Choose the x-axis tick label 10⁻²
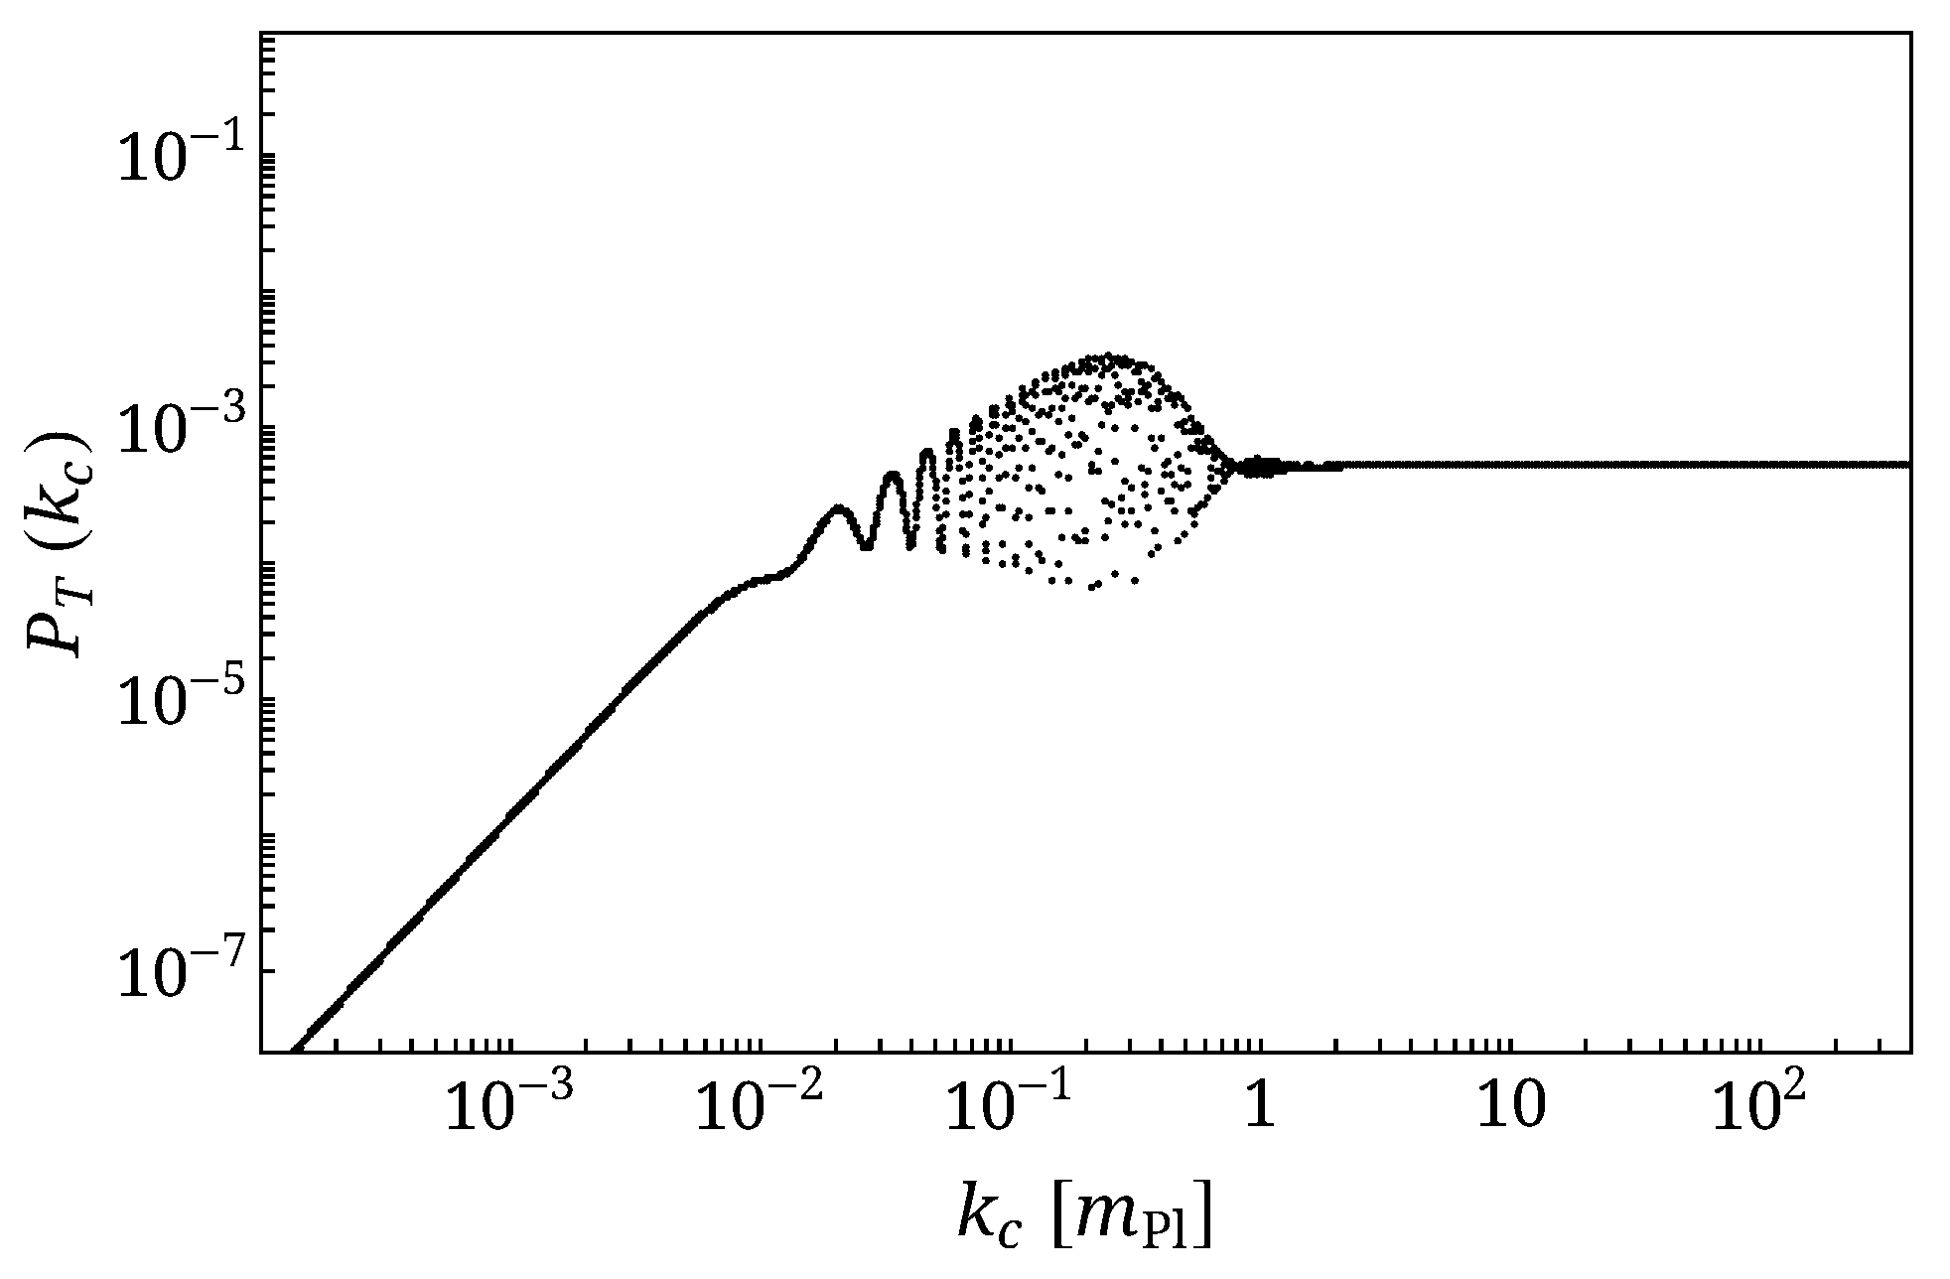[x=760, y=1108]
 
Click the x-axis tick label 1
[x=1260, y=1110]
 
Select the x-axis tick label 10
[x=1510, y=1110]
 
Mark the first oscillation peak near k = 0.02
[x=838, y=507]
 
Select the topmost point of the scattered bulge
[x=1109, y=355]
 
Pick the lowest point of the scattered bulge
[x=1092, y=587]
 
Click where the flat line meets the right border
[x=1909, y=464]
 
